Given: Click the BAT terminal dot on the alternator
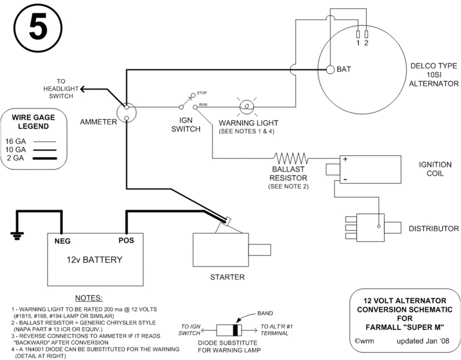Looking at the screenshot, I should click(x=331, y=70).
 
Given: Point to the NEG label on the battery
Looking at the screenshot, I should click(x=62, y=241).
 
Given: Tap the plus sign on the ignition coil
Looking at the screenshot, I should click(x=344, y=159).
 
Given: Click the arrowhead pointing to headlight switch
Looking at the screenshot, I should click(x=84, y=88).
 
